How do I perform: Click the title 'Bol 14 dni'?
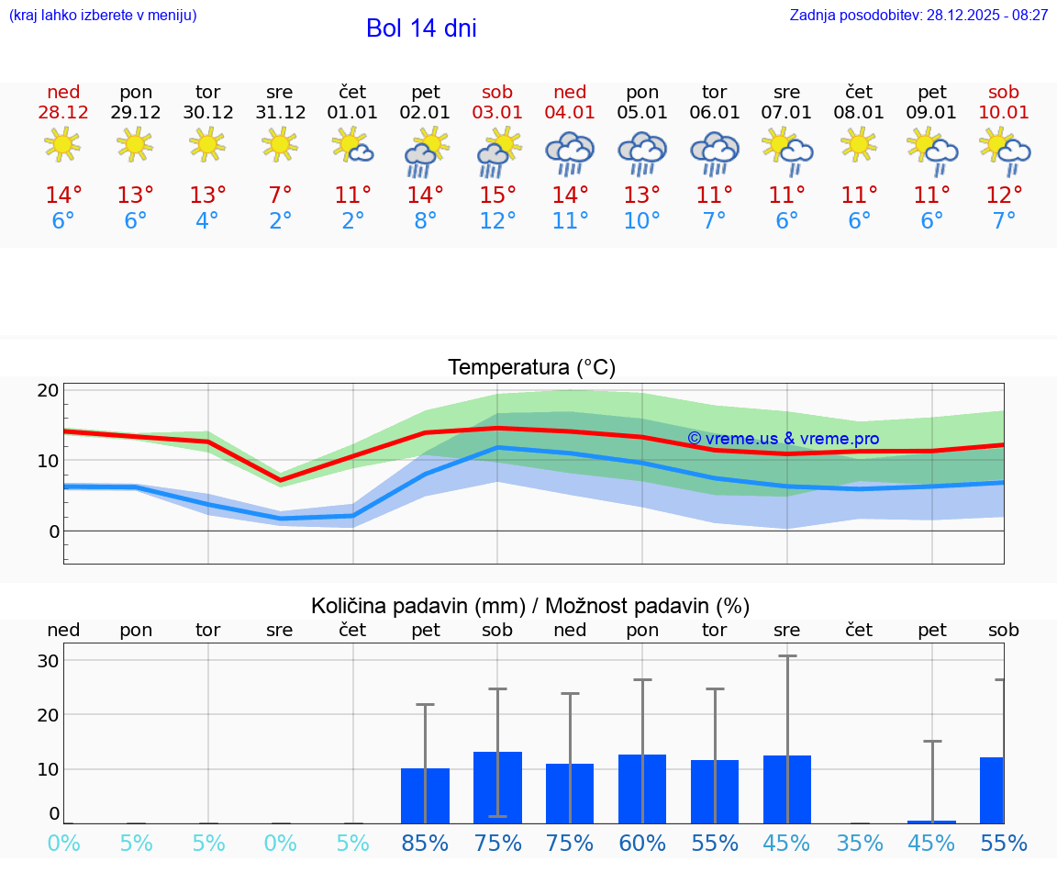[x=421, y=28]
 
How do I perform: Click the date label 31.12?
[x=280, y=113]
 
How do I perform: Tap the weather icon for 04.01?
[x=570, y=152]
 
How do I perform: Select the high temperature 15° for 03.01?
[x=497, y=196]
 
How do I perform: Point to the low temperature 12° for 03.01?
[x=497, y=221]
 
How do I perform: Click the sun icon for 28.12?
[x=62, y=145]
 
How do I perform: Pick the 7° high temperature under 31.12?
[x=280, y=196]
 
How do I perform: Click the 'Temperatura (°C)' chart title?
[x=531, y=368]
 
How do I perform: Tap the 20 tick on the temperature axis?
[x=49, y=390]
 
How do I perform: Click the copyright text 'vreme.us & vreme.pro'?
[x=784, y=439]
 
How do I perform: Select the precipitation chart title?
[x=530, y=606]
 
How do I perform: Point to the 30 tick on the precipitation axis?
[x=49, y=661]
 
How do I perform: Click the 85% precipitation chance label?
[x=425, y=844]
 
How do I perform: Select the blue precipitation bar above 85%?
[x=425, y=796]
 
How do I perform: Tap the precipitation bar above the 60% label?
[x=642, y=789]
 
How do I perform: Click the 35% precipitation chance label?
[x=860, y=844]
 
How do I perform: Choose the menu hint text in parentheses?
[x=103, y=16]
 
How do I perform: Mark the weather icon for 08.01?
[x=859, y=145]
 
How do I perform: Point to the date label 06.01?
[x=715, y=113]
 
